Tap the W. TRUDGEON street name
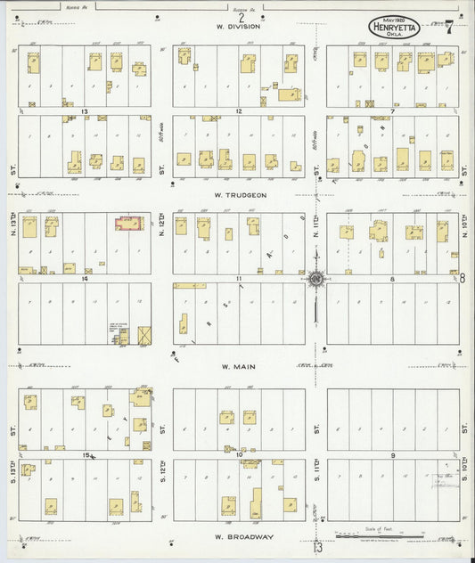[x=240, y=193]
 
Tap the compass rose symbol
[x=316, y=281]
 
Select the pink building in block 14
[x=130, y=223]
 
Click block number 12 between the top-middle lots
[x=240, y=111]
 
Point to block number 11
[x=240, y=279]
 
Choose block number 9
[x=393, y=455]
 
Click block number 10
[x=241, y=455]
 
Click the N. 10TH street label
[x=466, y=223]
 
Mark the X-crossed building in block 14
[x=144, y=337]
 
